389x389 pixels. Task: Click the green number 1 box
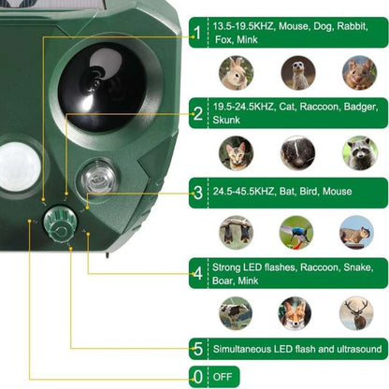point(196,36)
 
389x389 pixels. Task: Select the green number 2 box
point(196,114)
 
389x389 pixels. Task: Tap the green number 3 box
point(196,193)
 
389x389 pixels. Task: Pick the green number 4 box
point(196,273)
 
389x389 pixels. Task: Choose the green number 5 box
point(196,349)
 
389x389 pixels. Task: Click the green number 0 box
point(196,377)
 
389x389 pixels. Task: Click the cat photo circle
point(237,152)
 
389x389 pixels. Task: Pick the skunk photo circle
point(297,152)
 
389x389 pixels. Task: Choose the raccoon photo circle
point(357,152)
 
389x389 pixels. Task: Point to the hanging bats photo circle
point(237,232)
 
